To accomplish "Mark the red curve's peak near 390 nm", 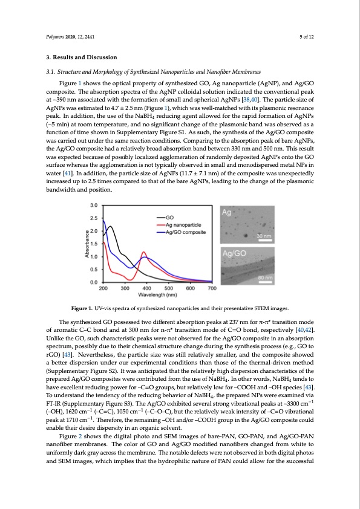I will tap(143, 251).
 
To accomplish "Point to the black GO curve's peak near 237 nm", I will tap(110, 226).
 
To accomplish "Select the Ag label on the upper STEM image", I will tap(227, 212).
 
